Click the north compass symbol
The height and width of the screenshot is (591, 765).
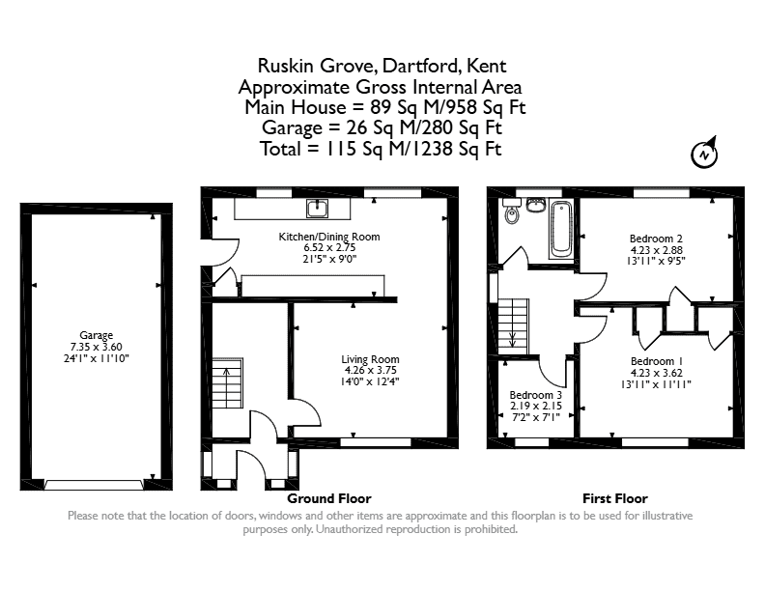pos(704,154)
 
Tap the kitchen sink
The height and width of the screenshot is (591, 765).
pos(318,209)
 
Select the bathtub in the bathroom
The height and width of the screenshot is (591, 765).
pos(561,230)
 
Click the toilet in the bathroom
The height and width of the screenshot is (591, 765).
pos(511,212)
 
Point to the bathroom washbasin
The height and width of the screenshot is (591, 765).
pos(536,206)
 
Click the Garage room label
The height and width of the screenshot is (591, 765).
pos(97,335)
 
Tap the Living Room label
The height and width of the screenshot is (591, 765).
pos(370,359)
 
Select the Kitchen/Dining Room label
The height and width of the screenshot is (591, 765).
pos(329,237)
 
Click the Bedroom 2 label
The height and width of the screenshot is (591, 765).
pos(656,239)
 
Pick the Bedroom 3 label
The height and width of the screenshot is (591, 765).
pos(536,395)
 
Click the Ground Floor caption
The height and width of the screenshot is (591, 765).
pos(329,498)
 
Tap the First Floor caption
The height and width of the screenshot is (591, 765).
pos(615,498)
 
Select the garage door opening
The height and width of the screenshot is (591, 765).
pos(95,485)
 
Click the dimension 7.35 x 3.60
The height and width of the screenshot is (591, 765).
pos(97,347)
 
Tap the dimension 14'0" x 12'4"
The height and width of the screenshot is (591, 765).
pos(370,381)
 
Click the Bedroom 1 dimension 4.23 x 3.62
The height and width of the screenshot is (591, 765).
pos(656,373)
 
